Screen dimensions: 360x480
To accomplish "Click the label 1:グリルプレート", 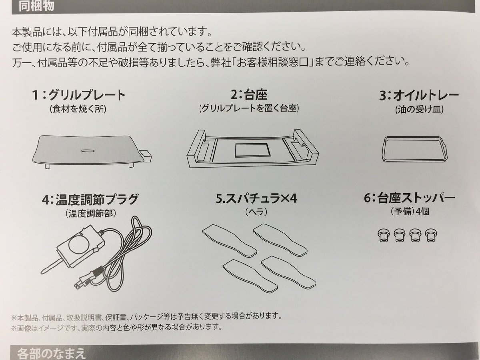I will [x=79, y=96].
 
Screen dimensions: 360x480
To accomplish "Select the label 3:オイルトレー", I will [x=419, y=96].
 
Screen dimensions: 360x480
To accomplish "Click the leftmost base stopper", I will [x=383, y=235].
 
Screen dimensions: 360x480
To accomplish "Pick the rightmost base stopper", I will [x=430, y=235].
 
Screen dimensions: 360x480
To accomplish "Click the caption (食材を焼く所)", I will [x=79, y=109].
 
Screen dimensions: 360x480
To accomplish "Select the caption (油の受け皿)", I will [x=419, y=109].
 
